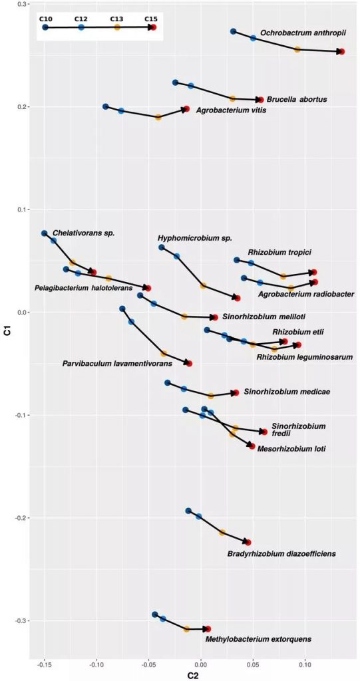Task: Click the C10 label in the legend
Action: pos(45,19)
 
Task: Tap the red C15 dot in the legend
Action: pos(153,27)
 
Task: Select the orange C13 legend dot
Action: pos(117,27)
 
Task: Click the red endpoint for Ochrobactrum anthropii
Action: pos(342,52)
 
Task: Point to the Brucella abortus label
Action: pos(297,100)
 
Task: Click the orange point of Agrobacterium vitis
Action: pos(158,117)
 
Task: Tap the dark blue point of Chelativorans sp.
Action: pos(44,233)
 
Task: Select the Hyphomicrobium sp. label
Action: pos(195,239)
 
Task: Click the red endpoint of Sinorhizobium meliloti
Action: pos(215,317)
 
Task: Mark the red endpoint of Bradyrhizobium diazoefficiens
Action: pos(248,543)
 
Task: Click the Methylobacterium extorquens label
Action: pos(258,639)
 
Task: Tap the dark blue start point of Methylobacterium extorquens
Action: pos(155,614)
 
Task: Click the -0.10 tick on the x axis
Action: pos(96,663)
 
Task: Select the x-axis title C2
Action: pos(192,676)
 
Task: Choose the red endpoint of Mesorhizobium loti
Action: pos(252,446)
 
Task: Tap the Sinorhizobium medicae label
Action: pos(287,392)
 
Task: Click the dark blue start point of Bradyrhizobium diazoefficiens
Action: pos(188,511)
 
